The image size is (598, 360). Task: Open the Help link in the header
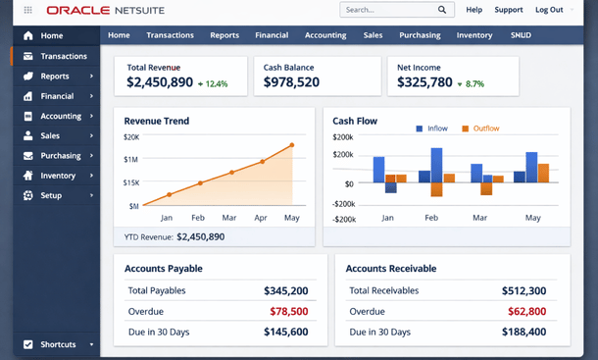(x=473, y=10)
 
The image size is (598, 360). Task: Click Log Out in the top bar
(x=549, y=10)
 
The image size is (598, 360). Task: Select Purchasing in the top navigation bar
(x=420, y=35)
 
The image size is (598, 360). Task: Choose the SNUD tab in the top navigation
(x=521, y=35)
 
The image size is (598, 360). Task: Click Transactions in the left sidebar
(x=63, y=56)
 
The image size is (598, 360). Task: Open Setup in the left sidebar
(x=51, y=195)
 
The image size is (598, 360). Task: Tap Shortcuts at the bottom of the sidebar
(x=58, y=344)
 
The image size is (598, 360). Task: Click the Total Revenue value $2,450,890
(x=160, y=83)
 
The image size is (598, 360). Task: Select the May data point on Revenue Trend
(x=292, y=146)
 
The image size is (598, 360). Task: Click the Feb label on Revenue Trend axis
(x=198, y=217)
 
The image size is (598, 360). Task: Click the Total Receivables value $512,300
(x=523, y=290)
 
